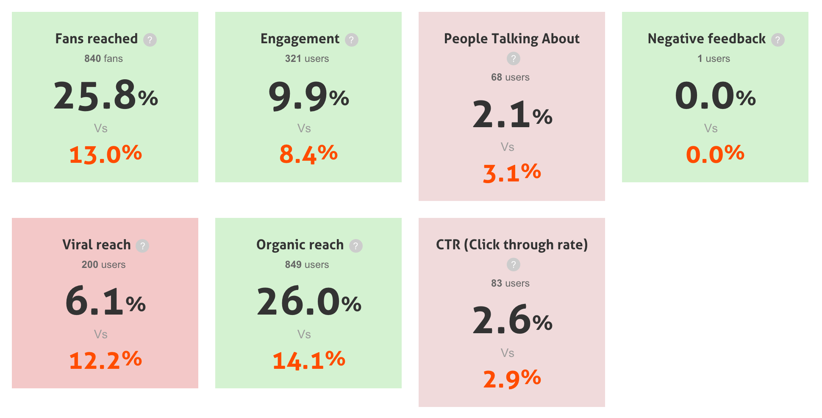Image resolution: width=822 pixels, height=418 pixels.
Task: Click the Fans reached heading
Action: (x=97, y=39)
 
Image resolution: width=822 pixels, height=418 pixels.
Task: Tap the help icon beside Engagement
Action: (x=352, y=40)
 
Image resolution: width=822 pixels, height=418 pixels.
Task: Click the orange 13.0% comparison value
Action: (x=106, y=154)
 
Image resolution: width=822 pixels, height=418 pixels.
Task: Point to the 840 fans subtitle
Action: (x=103, y=59)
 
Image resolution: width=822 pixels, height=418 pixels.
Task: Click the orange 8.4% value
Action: (x=308, y=154)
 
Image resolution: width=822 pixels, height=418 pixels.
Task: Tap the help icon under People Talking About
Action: (x=514, y=59)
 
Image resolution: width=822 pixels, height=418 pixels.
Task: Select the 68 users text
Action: (x=510, y=77)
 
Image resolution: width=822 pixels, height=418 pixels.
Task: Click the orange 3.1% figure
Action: (x=512, y=173)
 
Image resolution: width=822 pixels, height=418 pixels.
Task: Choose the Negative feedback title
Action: (x=706, y=39)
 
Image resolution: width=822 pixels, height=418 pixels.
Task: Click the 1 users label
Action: (x=714, y=59)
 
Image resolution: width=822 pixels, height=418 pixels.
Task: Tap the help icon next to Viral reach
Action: (x=142, y=246)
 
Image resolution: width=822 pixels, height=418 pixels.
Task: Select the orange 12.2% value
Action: (x=106, y=360)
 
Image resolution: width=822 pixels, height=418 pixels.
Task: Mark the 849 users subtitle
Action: (x=307, y=265)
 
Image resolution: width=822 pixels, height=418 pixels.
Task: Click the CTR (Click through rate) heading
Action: (x=512, y=245)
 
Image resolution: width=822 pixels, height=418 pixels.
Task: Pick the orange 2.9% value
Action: (x=512, y=379)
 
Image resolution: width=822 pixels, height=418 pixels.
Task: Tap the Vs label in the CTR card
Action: (x=507, y=353)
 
